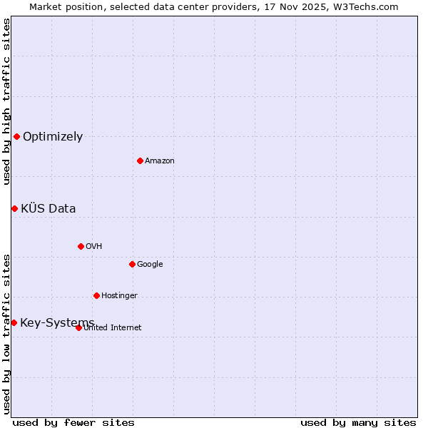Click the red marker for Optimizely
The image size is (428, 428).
coord(16,136)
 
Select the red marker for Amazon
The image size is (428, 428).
coord(140,160)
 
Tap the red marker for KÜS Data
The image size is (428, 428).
coord(14,208)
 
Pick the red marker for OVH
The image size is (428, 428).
coord(81,246)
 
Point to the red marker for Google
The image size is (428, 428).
coord(132,264)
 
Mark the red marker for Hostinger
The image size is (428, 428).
coord(96,295)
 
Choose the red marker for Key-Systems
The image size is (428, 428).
coord(14,322)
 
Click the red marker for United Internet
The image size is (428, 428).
coord(78,327)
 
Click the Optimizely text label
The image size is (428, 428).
coord(53,137)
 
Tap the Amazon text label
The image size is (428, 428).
coord(160,161)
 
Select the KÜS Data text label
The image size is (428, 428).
coord(48,209)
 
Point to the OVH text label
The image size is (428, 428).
coord(93,247)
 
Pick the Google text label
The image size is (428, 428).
coord(150,265)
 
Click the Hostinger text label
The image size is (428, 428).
coord(119,296)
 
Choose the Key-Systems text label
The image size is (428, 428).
coord(57,323)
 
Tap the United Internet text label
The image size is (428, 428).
coord(112,328)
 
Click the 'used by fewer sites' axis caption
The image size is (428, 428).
coord(73,422)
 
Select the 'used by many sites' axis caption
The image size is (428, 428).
coord(358,422)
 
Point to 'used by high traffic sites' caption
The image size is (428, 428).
coord(6,101)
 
